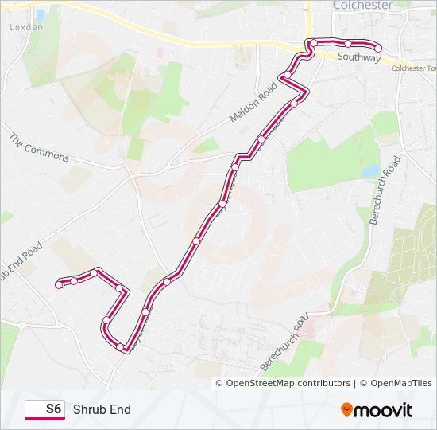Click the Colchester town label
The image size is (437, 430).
coord(362,5)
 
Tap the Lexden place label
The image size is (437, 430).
coord(26,26)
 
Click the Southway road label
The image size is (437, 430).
coord(358,57)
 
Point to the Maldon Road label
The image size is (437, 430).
coord(251,104)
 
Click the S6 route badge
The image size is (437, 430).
coord(44,409)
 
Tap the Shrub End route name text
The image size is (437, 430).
coord(102,409)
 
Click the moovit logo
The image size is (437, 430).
coord(377,410)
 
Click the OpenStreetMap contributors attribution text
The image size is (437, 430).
coord(288,383)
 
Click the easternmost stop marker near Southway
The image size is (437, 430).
coord(378,49)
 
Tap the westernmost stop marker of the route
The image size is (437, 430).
coord(59,284)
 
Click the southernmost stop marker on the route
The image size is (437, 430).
coord(121,347)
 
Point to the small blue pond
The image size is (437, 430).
coord(370,170)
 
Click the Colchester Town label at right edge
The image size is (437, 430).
coord(414,68)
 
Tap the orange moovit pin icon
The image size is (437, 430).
coord(347,409)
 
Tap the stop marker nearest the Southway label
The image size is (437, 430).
coord(349,43)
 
